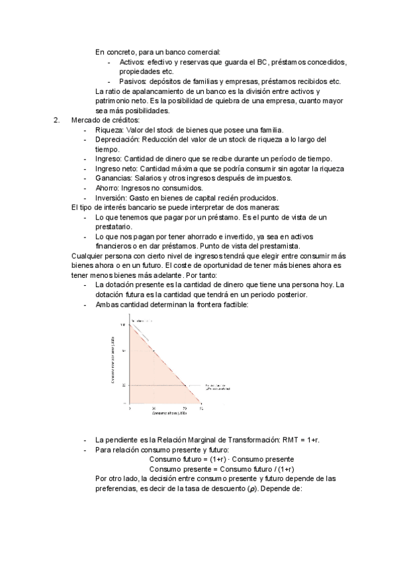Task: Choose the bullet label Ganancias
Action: pos(114,178)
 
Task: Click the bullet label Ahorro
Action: pos(109,188)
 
